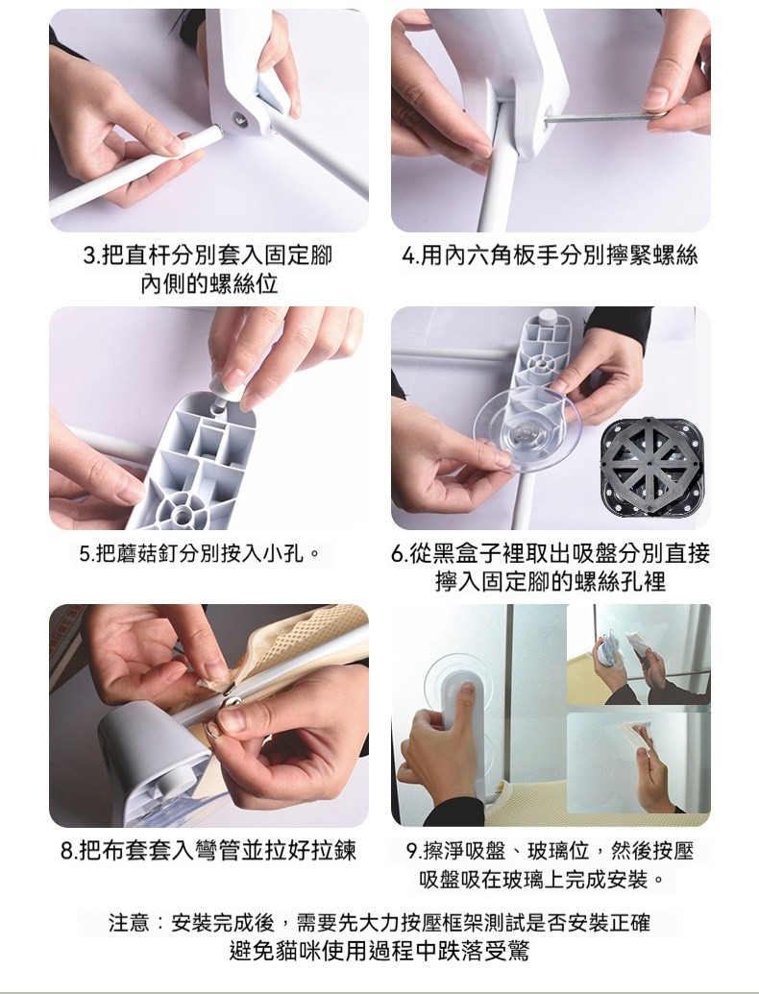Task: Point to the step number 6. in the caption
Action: coord(400,553)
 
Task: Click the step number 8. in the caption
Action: coord(68,850)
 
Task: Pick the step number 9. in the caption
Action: coord(413,851)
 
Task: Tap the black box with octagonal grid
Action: coord(651,467)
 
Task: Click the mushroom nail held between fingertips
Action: coord(224,392)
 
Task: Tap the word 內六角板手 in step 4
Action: coord(501,256)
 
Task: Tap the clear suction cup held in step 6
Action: coord(526,430)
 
